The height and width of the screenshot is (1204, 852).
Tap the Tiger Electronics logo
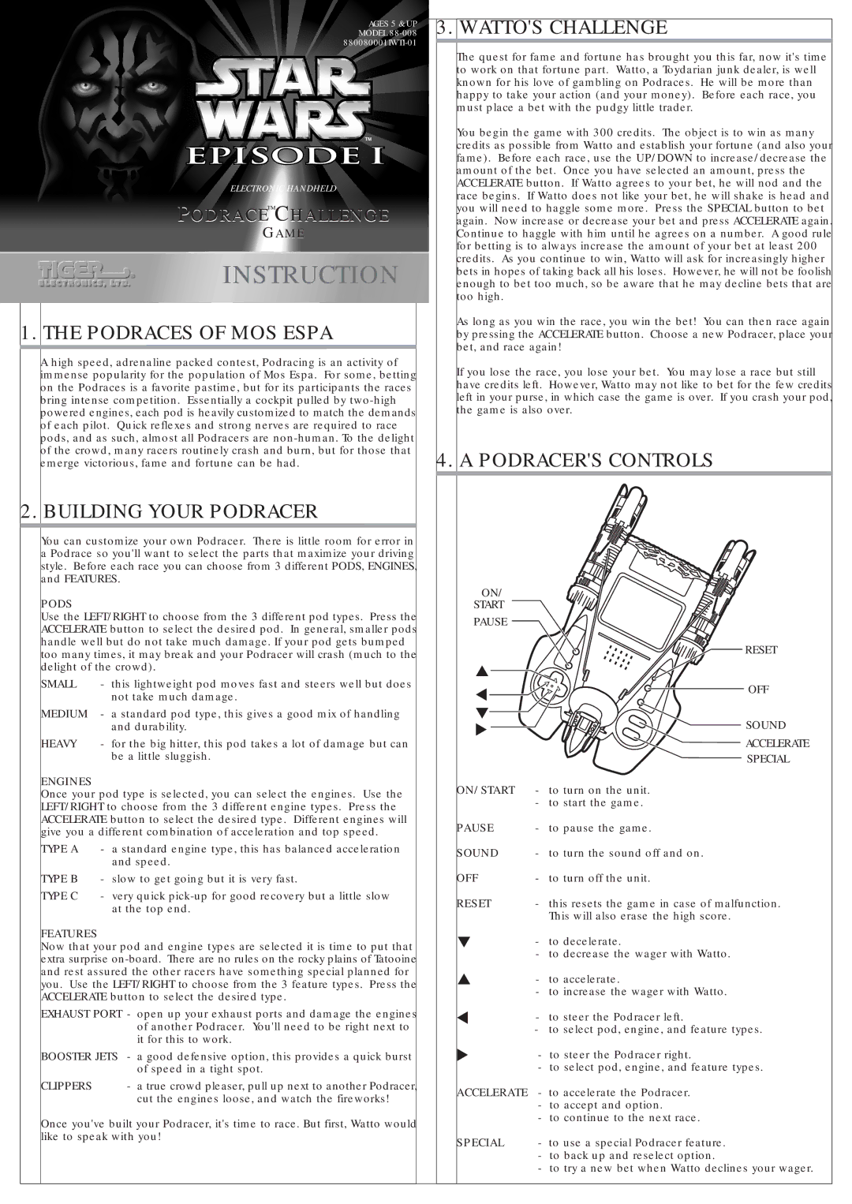(x=85, y=273)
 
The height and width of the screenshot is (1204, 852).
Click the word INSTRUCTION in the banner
(x=310, y=275)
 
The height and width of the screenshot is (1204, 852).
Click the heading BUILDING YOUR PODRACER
(x=180, y=512)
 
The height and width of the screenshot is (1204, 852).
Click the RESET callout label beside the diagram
(x=760, y=650)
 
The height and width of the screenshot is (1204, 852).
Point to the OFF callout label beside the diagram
(x=758, y=690)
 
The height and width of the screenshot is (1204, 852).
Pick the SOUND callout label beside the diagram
(x=765, y=725)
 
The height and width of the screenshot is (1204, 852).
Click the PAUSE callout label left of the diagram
(x=490, y=622)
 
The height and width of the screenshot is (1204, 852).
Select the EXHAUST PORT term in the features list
(x=82, y=1014)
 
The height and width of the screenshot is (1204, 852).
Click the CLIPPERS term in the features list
(x=66, y=1086)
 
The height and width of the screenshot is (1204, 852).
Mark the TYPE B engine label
(x=60, y=879)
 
